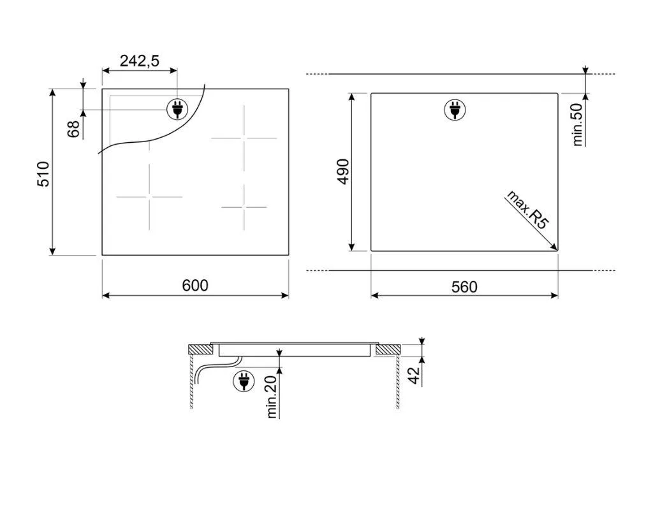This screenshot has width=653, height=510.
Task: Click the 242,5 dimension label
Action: tap(140, 61)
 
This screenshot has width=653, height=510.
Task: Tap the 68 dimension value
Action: tap(73, 129)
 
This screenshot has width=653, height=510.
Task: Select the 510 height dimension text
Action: tap(44, 173)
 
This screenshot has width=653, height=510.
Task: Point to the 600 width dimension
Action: tap(195, 285)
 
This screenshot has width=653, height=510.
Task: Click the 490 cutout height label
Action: tap(344, 171)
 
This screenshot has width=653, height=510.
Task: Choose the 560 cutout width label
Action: tap(464, 287)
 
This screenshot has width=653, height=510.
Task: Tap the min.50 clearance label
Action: tap(577, 124)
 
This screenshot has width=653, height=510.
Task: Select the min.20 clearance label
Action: tap(272, 397)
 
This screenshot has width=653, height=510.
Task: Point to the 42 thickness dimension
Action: tap(414, 376)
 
